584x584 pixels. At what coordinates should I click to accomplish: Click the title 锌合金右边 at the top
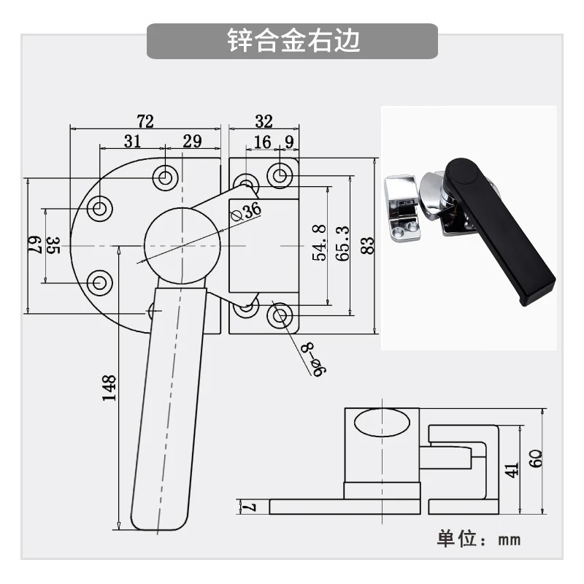click(293, 40)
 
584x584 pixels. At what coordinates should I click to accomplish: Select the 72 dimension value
click(145, 121)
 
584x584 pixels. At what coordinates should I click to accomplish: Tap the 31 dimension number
click(132, 141)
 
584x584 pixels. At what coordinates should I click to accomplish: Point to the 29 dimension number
click(192, 141)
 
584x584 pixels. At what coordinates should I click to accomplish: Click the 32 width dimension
click(264, 121)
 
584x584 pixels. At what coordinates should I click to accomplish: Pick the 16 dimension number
click(262, 142)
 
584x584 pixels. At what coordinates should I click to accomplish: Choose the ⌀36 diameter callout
click(246, 212)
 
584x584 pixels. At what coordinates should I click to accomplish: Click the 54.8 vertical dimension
click(319, 242)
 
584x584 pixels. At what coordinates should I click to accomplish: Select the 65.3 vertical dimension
click(342, 243)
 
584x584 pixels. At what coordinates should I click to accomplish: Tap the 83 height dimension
click(367, 245)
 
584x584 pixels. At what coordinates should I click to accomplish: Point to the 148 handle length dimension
click(109, 388)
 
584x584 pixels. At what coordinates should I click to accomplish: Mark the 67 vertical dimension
click(34, 245)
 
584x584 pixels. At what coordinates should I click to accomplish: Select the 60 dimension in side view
click(536, 459)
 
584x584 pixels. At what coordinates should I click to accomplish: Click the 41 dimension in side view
click(512, 470)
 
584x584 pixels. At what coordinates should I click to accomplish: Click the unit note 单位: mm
click(479, 539)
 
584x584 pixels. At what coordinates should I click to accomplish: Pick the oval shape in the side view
click(382, 423)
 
